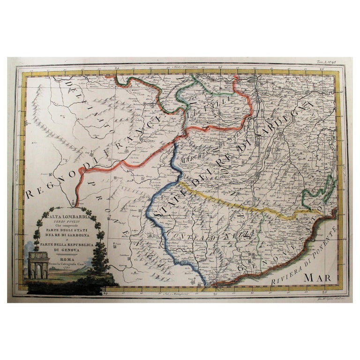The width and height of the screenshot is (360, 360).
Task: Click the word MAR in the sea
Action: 317,277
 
